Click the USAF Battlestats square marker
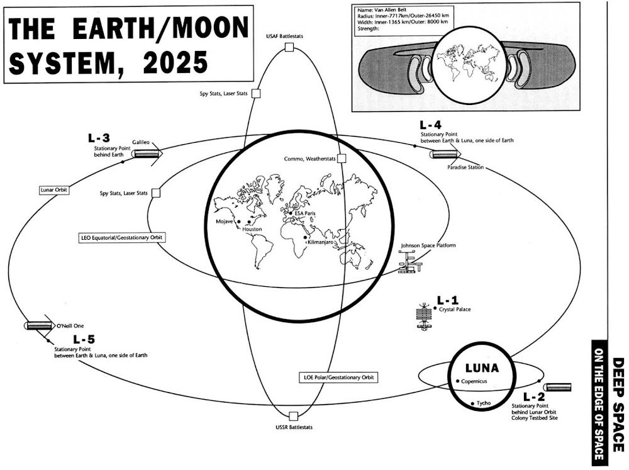(x=289, y=48)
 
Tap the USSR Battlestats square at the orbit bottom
(x=292, y=416)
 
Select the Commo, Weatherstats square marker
(x=342, y=159)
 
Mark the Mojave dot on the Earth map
(x=239, y=221)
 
